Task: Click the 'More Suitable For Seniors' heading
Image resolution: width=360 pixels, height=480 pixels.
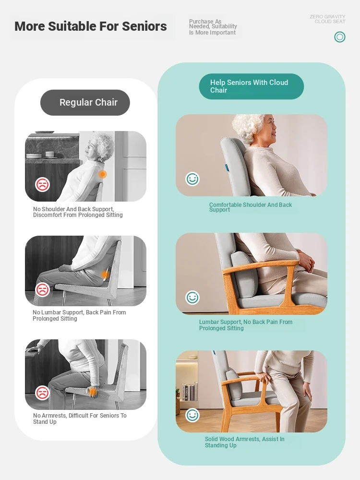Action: coord(91,26)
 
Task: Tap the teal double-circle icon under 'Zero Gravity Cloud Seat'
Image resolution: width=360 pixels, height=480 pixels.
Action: coord(339,37)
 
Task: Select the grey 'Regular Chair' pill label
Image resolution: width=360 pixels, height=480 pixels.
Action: coord(85,103)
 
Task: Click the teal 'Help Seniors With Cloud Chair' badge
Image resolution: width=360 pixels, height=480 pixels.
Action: coord(252,86)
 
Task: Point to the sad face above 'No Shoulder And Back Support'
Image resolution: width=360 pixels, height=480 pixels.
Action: coord(42,184)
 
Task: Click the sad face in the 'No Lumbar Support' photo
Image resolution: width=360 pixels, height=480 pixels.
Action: coord(42,289)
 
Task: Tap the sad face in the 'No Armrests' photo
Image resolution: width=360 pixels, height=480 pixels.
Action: coord(42,393)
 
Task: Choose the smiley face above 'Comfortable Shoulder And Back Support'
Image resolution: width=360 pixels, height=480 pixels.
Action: coord(192,179)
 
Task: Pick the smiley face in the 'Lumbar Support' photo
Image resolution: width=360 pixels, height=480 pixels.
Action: coord(192,297)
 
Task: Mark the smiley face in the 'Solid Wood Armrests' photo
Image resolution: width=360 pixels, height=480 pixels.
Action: coord(192,415)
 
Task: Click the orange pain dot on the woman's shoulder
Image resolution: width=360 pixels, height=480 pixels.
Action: coord(103,174)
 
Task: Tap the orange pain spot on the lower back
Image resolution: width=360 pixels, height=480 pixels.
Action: coord(105,275)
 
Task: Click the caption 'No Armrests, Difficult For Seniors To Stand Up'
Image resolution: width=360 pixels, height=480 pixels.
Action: coord(80,419)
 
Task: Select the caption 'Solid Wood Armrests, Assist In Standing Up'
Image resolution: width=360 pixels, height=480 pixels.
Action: coord(245,442)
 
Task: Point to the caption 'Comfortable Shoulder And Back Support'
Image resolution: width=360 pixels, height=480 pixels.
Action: coord(251,207)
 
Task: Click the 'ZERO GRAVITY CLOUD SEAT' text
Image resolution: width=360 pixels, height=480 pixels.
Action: coord(327,19)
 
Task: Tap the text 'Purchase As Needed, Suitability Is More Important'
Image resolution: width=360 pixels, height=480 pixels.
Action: coord(213,27)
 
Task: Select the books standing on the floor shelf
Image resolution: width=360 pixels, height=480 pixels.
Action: coord(188,392)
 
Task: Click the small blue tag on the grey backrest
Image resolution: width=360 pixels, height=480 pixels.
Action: coord(227,167)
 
